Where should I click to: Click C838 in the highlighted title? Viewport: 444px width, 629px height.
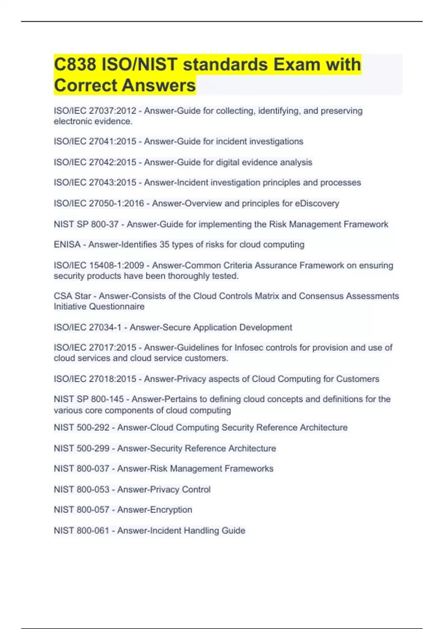click(75, 64)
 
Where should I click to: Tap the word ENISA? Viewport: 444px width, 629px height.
click(67, 245)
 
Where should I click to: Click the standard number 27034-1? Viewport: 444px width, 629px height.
click(105, 327)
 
